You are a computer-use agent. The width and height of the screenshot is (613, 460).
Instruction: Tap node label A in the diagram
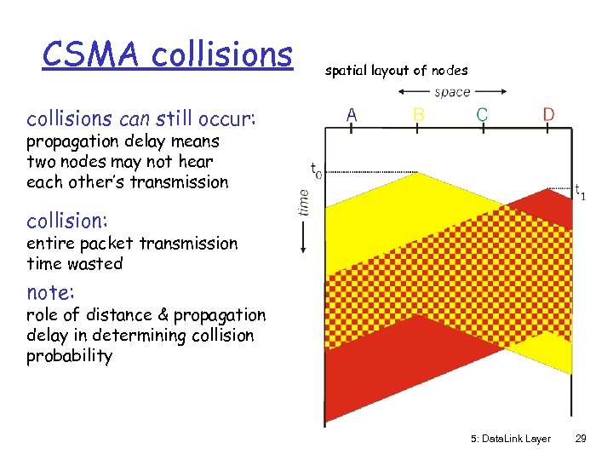click(352, 114)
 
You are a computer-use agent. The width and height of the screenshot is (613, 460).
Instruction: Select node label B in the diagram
click(419, 114)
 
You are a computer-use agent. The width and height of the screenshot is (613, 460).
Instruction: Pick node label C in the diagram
click(482, 114)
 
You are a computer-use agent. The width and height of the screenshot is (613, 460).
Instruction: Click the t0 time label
click(315, 170)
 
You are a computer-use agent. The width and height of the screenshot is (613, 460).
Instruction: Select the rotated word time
click(305, 202)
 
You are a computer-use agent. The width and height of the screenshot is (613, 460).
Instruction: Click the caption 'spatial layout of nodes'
click(396, 71)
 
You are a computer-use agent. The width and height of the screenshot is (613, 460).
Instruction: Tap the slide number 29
click(581, 439)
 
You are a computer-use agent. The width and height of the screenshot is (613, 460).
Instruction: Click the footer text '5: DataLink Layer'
click(510, 439)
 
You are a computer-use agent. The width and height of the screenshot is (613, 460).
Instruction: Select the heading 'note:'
click(51, 292)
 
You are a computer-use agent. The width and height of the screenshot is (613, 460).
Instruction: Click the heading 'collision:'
click(66, 221)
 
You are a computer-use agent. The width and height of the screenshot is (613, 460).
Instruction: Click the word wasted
click(95, 264)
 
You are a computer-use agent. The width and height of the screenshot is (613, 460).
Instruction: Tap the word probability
click(69, 356)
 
